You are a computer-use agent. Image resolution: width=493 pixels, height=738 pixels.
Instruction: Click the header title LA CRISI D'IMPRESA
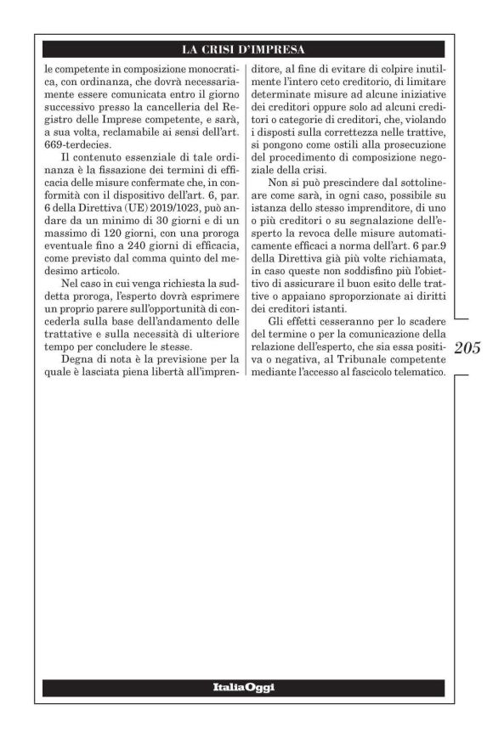pos(246,48)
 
